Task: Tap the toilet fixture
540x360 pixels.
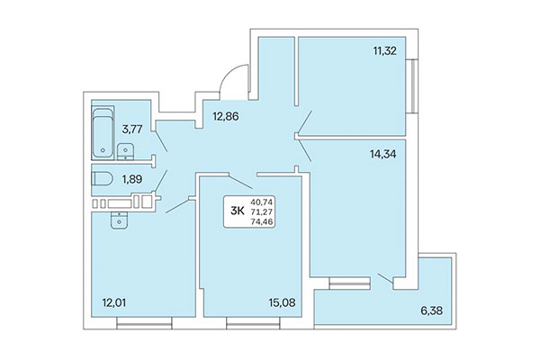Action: pos(102,180)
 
